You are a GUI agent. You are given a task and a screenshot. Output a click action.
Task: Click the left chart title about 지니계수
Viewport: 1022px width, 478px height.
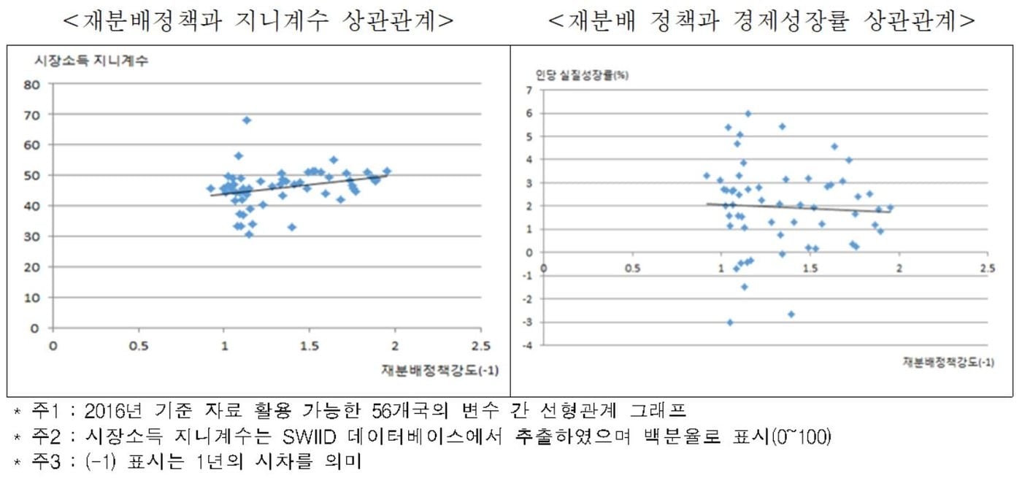[259, 21]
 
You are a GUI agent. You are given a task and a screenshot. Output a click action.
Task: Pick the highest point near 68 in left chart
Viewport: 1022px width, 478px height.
[247, 120]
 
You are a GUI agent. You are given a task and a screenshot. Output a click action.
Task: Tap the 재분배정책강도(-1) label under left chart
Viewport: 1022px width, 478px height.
[439, 369]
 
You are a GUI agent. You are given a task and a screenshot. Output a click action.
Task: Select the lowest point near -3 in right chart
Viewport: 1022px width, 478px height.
[730, 322]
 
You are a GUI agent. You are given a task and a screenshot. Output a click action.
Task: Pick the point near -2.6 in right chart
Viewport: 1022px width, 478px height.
[791, 314]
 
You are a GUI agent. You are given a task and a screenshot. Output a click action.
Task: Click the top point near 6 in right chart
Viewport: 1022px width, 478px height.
[748, 114]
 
